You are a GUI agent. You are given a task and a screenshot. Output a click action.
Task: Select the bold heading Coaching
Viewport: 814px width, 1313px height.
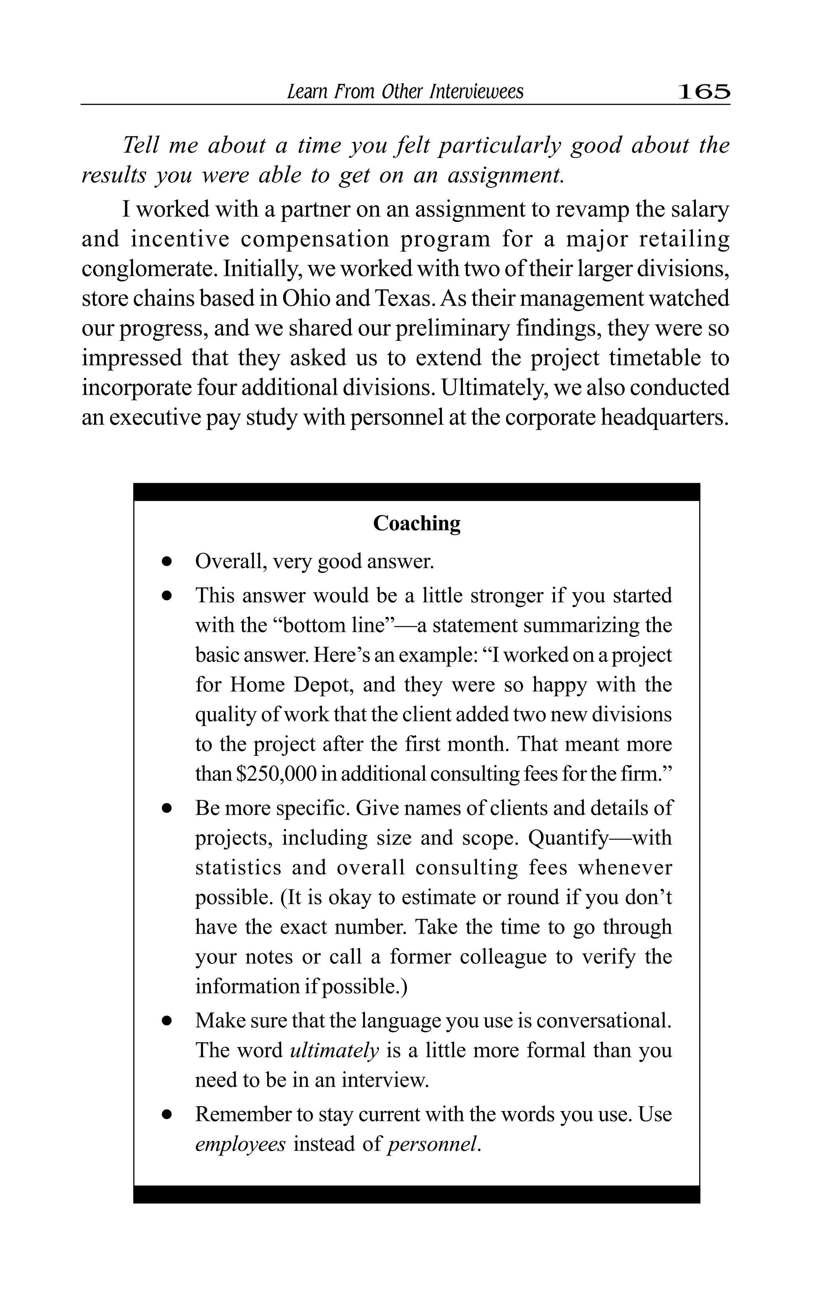(x=417, y=523)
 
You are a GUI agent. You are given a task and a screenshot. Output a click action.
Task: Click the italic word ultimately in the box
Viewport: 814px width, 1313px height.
(x=334, y=1050)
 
